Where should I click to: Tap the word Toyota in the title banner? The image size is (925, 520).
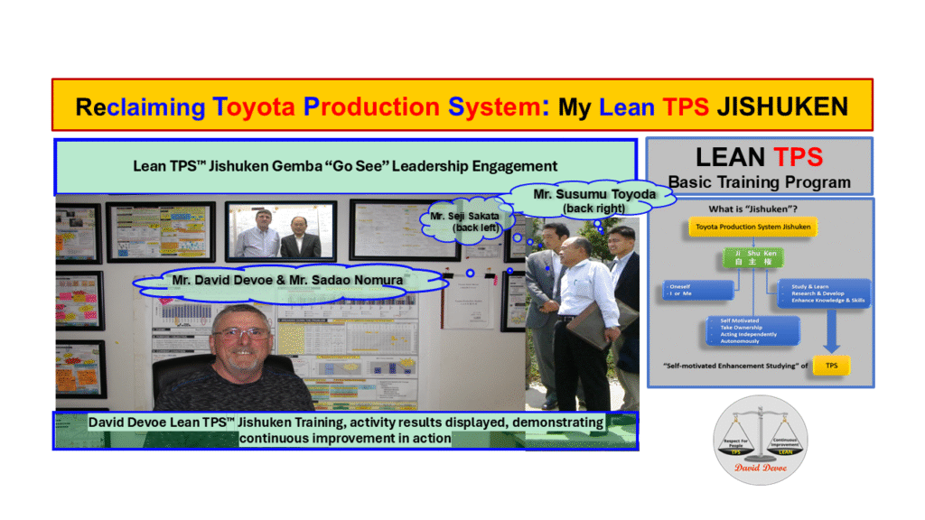click(x=254, y=107)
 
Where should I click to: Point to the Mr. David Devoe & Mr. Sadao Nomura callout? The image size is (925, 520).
click(x=287, y=280)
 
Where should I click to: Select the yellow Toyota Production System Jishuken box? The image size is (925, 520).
click(x=752, y=227)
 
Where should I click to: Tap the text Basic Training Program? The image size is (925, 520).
click(x=759, y=181)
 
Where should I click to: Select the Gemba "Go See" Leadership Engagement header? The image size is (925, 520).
click(x=345, y=166)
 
